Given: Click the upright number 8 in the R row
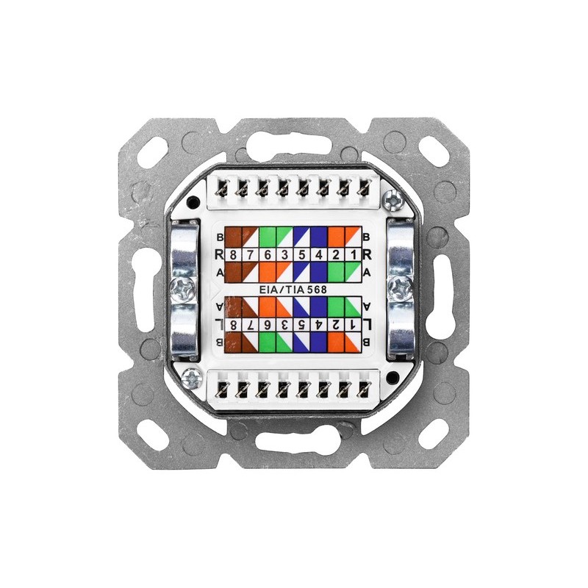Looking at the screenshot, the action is (x=233, y=255).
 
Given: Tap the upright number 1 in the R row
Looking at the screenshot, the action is (x=354, y=255).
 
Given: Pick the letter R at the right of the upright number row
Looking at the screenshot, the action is (x=367, y=255).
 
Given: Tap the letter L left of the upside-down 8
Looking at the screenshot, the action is (x=219, y=324).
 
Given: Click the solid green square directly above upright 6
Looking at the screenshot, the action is (x=268, y=237).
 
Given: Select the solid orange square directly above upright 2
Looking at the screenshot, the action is (x=336, y=237).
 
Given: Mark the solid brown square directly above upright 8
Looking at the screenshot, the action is (x=233, y=237).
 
